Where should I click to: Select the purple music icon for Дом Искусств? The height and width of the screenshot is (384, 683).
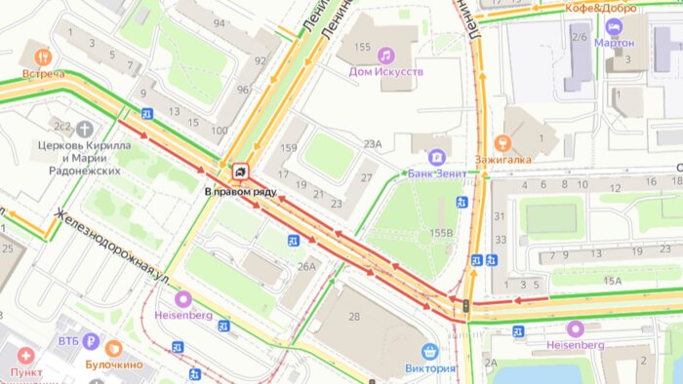pyautogui.click(x=385, y=55)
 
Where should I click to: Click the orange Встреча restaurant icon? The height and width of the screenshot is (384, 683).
pyautogui.click(x=41, y=56)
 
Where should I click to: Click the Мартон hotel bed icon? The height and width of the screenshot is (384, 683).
pyautogui.click(x=614, y=25)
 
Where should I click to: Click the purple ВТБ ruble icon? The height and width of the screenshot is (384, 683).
pyautogui.click(x=91, y=341)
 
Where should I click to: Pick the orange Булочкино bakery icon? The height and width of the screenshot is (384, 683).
pyautogui.click(x=114, y=347)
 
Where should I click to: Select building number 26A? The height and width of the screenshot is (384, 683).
pyautogui.click(x=306, y=266)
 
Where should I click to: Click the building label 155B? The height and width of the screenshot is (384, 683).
pyautogui.click(x=442, y=233)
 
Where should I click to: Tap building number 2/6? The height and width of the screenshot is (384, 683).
pyautogui.click(x=579, y=37)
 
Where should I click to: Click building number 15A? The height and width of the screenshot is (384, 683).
pyautogui.click(x=612, y=281)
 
